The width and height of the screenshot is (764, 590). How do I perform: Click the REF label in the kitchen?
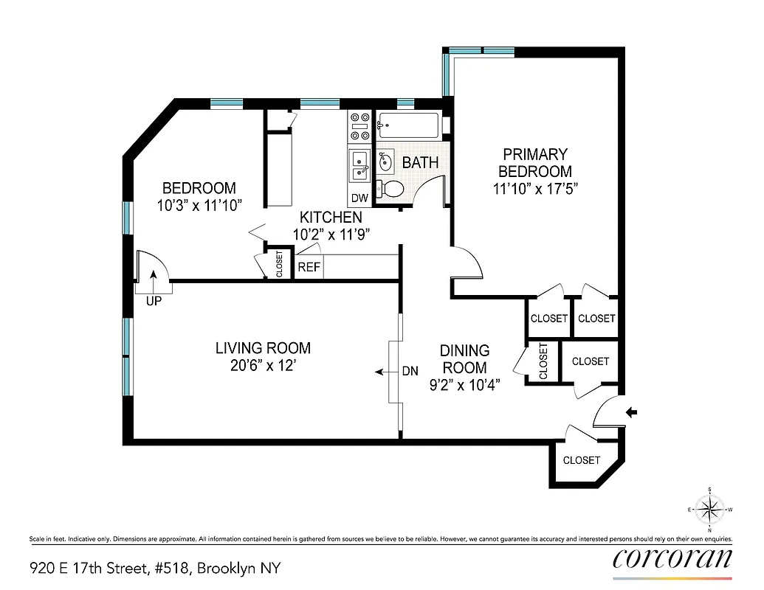(x=309, y=267)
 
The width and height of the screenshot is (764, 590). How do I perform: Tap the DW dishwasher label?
(x=359, y=198)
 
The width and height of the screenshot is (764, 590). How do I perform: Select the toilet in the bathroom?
(x=390, y=189)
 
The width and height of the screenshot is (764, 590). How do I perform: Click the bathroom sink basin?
(x=385, y=162)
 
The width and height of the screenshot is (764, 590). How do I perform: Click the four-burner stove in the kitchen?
(x=360, y=126)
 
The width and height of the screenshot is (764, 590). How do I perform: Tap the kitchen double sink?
(x=360, y=164)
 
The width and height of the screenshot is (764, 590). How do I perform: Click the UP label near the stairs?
(x=154, y=301)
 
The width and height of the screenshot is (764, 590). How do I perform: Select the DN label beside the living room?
(x=410, y=372)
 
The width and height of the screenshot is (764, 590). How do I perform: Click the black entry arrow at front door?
(x=633, y=413)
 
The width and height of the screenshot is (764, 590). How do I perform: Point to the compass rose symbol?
(x=709, y=509)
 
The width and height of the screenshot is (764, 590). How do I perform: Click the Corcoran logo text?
(x=672, y=558)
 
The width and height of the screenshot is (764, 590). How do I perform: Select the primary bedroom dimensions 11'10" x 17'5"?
(x=535, y=188)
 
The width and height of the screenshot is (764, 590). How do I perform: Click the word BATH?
(x=421, y=162)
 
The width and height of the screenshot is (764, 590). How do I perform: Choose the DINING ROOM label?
(x=464, y=358)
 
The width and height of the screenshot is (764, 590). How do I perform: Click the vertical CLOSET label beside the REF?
(x=279, y=264)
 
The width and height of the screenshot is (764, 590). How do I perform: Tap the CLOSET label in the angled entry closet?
(x=582, y=460)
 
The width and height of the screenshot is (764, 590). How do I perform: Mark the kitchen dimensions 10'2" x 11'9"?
(x=331, y=234)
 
